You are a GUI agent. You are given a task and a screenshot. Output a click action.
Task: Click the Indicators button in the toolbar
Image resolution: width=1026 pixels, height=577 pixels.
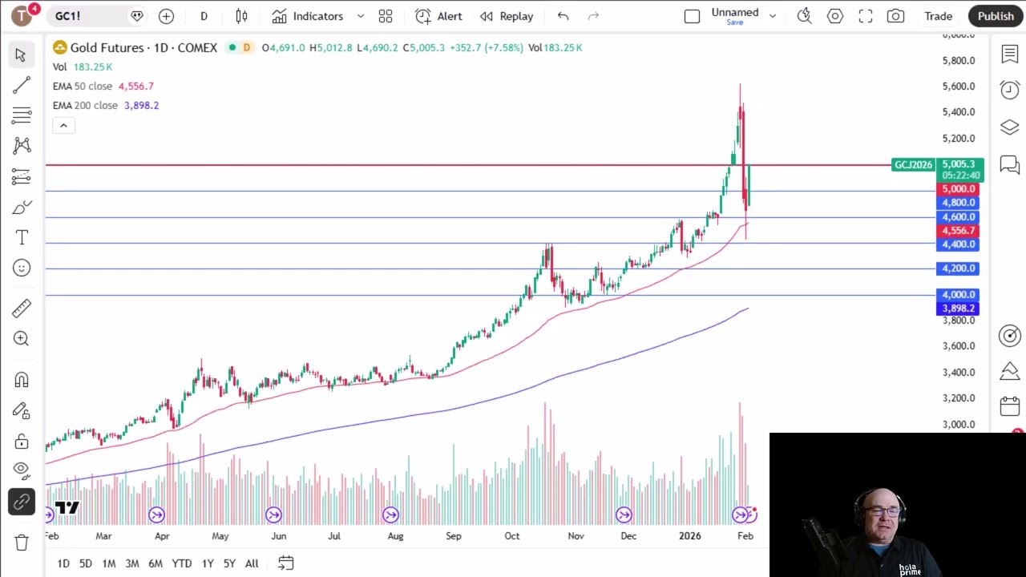tap(308, 16)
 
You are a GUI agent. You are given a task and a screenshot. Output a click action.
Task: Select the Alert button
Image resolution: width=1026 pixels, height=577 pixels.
tap(438, 16)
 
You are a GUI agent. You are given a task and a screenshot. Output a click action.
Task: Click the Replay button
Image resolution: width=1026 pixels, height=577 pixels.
tap(507, 16)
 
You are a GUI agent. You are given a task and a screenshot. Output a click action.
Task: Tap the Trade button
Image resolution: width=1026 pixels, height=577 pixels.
tap(938, 16)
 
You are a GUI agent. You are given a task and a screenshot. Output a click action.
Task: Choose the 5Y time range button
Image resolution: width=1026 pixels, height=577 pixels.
tap(229, 563)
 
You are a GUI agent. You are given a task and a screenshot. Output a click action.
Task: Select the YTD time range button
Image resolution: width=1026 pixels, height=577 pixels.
tap(182, 563)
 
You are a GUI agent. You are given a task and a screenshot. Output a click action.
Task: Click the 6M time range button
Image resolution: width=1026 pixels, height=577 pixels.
tap(156, 563)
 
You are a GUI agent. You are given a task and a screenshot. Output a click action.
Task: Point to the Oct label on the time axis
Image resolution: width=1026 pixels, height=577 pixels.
tap(511, 536)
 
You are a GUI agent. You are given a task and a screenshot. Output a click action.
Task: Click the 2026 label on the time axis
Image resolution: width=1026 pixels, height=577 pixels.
tap(689, 536)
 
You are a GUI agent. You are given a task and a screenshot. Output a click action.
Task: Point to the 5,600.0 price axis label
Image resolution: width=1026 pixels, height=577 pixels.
tap(959, 87)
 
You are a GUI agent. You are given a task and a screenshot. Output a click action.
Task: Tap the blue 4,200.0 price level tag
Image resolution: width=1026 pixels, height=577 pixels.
tap(958, 268)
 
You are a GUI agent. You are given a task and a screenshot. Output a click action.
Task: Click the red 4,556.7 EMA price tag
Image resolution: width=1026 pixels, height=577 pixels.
tap(958, 231)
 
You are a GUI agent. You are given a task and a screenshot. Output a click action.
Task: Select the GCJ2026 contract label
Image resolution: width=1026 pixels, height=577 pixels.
tap(913, 165)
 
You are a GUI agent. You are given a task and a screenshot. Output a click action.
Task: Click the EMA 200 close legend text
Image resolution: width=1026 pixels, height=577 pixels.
tap(85, 105)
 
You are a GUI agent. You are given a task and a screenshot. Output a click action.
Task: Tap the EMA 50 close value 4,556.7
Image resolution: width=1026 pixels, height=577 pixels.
tap(135, 86)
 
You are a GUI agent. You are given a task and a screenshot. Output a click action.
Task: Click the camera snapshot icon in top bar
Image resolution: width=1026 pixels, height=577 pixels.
tap(896, 16)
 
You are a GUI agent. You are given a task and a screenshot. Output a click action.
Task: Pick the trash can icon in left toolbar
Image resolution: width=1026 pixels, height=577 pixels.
tap(22, 543)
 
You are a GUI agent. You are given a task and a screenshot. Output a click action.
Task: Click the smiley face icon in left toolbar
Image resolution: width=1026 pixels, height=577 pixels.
tap(22, 268)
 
